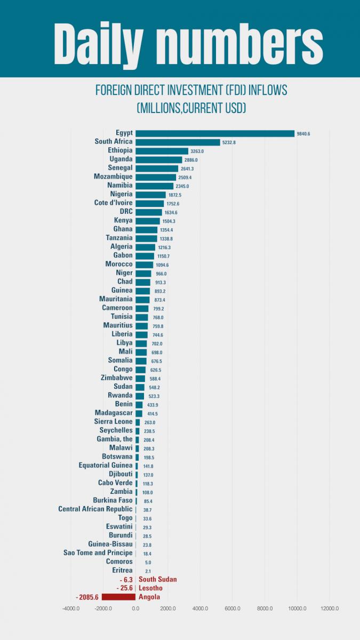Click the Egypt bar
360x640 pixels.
click(x=215, y=133)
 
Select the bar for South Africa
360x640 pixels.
click(x=178, y=142)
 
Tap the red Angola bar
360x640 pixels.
click(x=118, y=597)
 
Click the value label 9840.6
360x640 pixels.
click(x=303, y=134)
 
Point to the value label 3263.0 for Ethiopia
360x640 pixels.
click(x=197, y=151)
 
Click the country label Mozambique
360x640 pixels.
click(x=113, y=177)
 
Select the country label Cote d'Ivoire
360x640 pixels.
click(x=113, y=203)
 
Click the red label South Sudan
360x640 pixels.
click(x=157, y=579)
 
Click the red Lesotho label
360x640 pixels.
click(x=150, y=588)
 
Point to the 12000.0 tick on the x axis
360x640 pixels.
click(x=329, y=609)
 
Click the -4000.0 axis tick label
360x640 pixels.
click(x=71, y=609)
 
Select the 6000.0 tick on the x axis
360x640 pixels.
click(x=232, y=609)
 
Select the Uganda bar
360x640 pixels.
click(x=159, y=159)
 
